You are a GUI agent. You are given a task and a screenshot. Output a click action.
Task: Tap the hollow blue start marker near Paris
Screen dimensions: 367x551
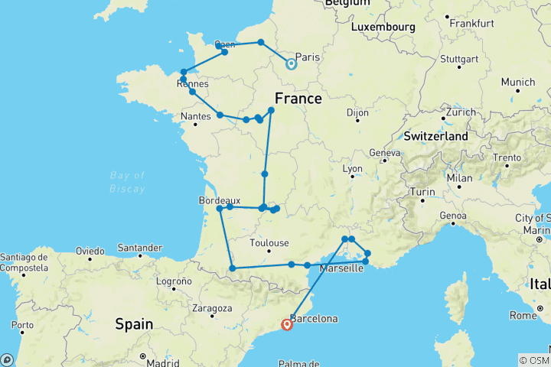tap(291, 64)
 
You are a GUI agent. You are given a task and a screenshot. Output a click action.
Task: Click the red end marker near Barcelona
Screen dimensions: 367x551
tap(287, 324)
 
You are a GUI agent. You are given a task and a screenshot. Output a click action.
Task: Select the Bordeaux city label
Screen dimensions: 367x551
tap(219, 200)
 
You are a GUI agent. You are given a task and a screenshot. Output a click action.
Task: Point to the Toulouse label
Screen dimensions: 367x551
tap(269, 243)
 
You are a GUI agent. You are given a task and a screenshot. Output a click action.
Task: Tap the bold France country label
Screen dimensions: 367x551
tap(298, 99)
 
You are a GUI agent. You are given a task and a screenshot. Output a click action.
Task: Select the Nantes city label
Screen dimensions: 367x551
tap(196, 116)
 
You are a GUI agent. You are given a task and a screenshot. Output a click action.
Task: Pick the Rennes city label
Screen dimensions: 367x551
tap(192, 84)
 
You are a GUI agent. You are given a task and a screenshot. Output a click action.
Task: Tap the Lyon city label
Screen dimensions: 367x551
tap(352, 168)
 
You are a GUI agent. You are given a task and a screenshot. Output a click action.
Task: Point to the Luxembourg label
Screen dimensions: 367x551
tap(383, 27)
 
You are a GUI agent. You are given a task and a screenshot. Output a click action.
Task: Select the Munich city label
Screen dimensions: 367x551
tap(518, 82)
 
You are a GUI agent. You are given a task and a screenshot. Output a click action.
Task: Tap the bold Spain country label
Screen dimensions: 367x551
tap(134, 324)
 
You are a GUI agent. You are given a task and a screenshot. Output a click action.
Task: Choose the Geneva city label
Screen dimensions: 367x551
tap(384, 152)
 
